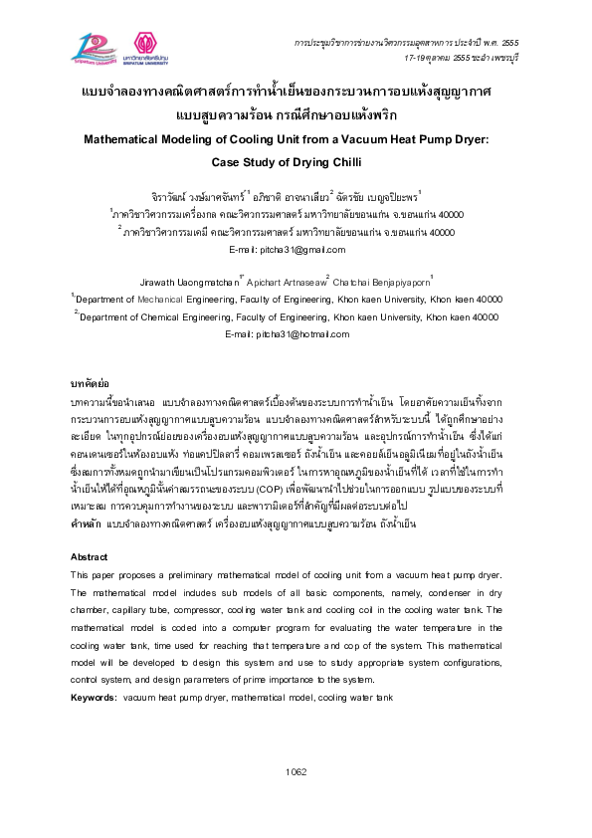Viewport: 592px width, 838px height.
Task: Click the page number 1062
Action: (296, 771)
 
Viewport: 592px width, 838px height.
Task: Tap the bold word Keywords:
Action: (95, 700)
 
